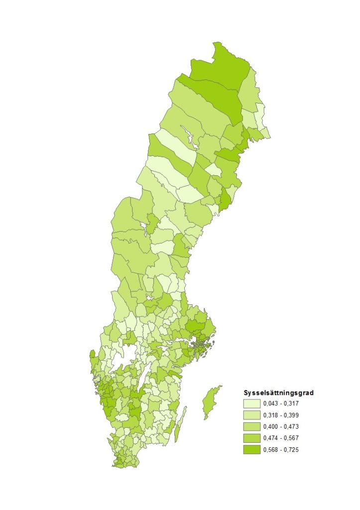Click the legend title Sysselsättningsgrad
[x=278, y=392]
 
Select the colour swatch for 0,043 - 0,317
[x=251, y=403]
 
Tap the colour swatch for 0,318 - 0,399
[x=251, y=415]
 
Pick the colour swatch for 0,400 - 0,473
[x=251, y=426]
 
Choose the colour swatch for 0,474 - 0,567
[x=251, y=438]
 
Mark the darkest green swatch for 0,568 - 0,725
[x=251, y=449]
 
